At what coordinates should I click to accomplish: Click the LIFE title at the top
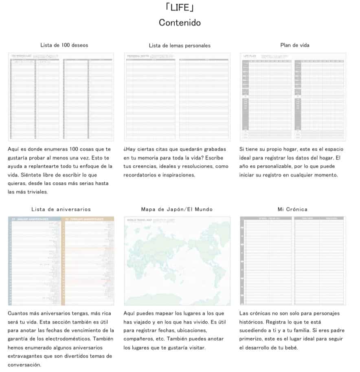coord(180,7)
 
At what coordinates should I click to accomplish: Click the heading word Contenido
coord(180,22)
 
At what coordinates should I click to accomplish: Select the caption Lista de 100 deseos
coord(64,45)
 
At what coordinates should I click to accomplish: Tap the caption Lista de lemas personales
coord(180,46)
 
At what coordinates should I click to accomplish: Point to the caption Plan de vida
coord(295,45)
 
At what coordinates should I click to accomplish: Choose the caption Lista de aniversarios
coord(61,209)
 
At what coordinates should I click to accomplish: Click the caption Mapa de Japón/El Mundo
coord(177,209)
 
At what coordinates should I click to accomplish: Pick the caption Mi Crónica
coord(292,209)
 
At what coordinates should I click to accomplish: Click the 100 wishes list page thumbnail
coord(61,97)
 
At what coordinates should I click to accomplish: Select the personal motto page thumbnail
coord(177,97)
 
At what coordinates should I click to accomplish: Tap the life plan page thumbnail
coord(293,97)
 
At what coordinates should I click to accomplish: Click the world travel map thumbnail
coord(177,261)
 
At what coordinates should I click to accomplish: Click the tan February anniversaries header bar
coord(88,219)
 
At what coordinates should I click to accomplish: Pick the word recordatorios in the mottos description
coord(140,175)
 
